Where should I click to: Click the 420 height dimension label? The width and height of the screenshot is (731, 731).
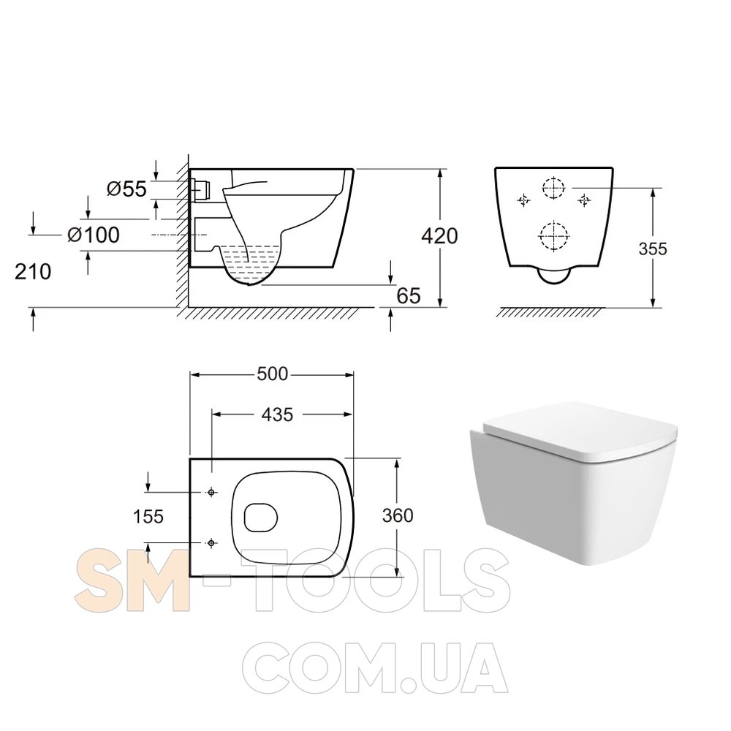(x=439, y=236)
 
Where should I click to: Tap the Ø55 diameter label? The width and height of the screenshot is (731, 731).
(x=126, y=189)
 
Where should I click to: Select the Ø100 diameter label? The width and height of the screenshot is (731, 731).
(x=94, y=235)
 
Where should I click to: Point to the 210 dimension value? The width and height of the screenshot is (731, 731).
(x=33, y=271)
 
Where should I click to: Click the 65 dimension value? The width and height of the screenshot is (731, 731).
(x=409, y=295)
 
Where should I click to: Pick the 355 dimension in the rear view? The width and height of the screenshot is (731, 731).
(x=653, y=249)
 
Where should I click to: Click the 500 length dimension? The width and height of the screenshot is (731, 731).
(x=273, y=374)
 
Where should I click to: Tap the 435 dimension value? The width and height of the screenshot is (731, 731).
(x=277, y=414)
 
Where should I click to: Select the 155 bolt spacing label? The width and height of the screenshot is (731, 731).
(x=148, y=517)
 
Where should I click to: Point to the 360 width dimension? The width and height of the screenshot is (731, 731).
(x=398, y=515)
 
